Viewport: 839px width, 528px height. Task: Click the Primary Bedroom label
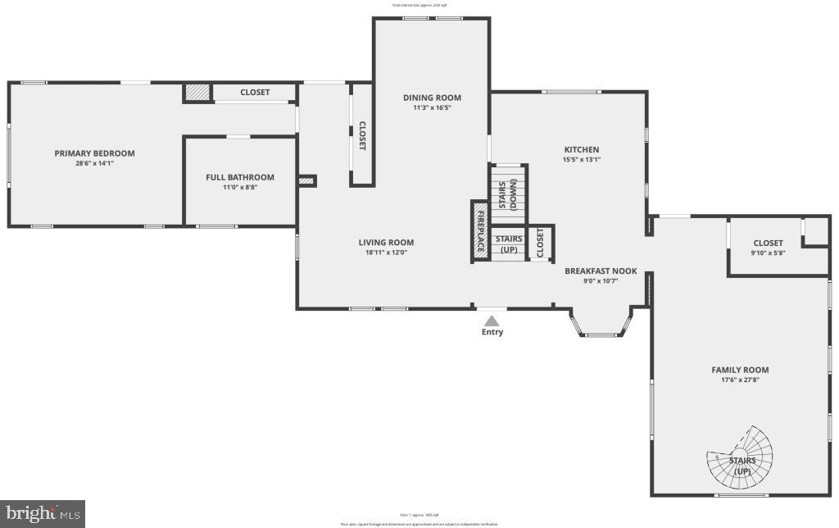point(94,153)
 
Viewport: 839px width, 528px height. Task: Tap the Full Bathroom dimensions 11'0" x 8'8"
point(240,187)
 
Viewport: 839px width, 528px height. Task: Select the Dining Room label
point(432,98)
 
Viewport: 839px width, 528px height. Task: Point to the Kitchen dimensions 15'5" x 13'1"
point(581,160)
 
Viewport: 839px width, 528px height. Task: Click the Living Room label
point(386,242)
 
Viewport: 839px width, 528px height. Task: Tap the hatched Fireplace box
point(480,231)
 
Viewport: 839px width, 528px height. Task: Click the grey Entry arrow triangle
point(492,321)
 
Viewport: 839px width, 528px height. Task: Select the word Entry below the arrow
point(492,332)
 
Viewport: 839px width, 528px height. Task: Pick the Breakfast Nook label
point(601,271)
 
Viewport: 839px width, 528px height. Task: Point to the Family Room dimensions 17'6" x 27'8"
point(740,380)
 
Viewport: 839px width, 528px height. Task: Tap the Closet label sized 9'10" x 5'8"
point(768,243)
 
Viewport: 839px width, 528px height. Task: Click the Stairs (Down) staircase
point(508,193)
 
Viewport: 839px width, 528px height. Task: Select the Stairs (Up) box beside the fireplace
point(509,244)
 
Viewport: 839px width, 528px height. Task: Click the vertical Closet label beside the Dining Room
point(362,135)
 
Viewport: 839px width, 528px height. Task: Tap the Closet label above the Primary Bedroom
point(255,92)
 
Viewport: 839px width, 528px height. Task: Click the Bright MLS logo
point(43,514)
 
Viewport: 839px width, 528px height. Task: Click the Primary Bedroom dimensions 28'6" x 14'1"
point(94,163)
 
